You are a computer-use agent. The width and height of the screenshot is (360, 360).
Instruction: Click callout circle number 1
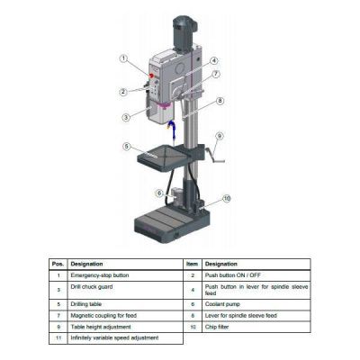pos(123,58)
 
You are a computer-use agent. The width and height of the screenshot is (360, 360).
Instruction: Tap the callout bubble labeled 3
pos(125,117)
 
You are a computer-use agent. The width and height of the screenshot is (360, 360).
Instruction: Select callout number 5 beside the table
pos(127,147)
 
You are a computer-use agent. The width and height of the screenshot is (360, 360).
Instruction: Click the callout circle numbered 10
pos(227,198)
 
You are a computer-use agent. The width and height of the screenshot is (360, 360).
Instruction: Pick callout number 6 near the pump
pos(158,193)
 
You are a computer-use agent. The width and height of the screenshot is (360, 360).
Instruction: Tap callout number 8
pos(220,102)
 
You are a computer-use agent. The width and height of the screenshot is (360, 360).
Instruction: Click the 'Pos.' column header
pos(57,264)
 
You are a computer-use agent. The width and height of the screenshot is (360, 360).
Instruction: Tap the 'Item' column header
pos(192,264)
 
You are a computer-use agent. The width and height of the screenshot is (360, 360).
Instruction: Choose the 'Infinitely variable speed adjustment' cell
pos(115,337)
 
